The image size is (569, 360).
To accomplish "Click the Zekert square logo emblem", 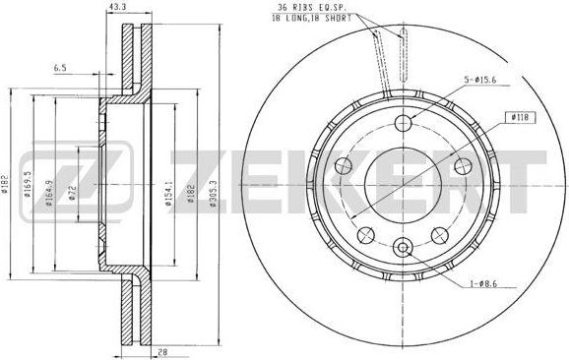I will [x=103, y=178].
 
